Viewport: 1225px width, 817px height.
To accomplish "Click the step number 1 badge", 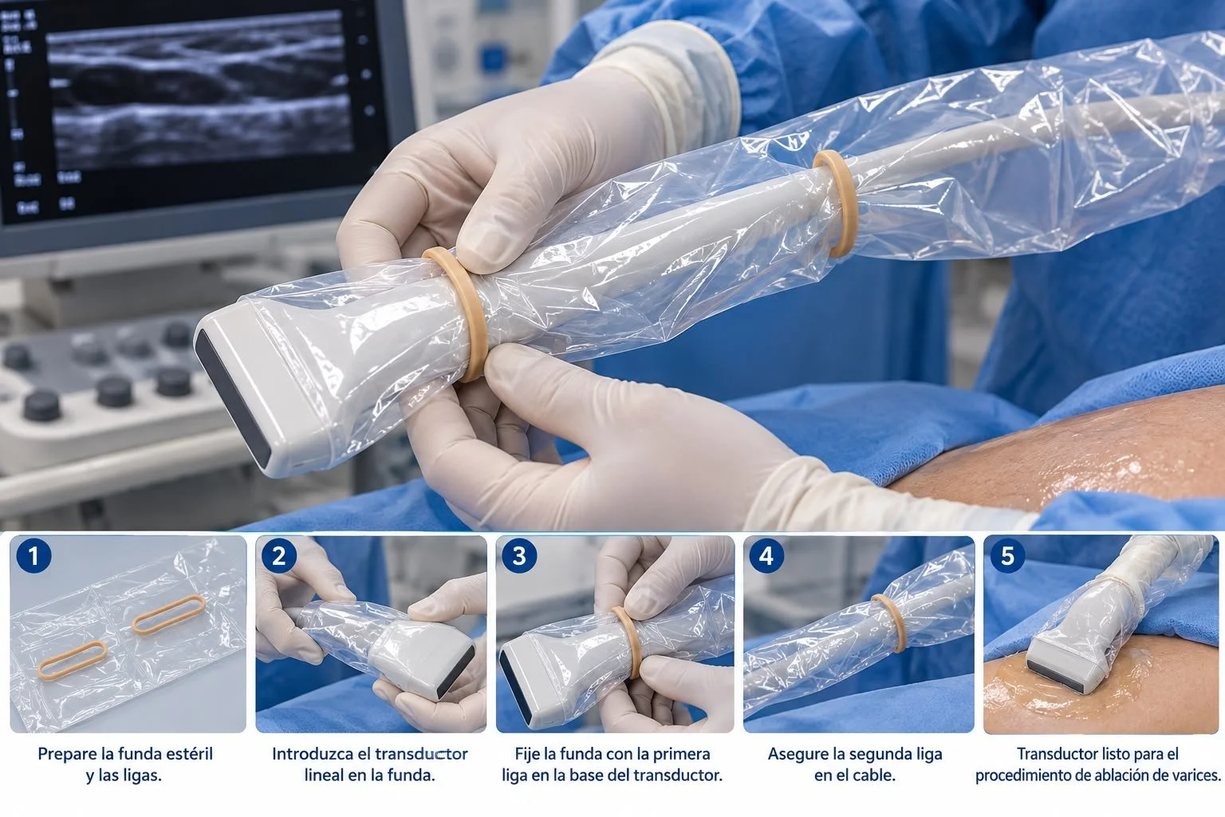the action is pos(34,555).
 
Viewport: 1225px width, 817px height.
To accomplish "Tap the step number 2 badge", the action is pos(279,555).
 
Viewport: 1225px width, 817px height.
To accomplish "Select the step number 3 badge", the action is pos(519,555).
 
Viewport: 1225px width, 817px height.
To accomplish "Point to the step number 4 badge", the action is pos(766,555).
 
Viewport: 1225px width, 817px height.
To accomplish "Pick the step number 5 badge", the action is pos(1007,555).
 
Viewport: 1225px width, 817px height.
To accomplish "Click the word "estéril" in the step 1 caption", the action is pos(187,753).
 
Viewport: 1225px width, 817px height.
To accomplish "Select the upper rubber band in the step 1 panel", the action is pos(169,614).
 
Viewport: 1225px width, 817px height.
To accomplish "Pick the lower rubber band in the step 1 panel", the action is pos(73,660).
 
